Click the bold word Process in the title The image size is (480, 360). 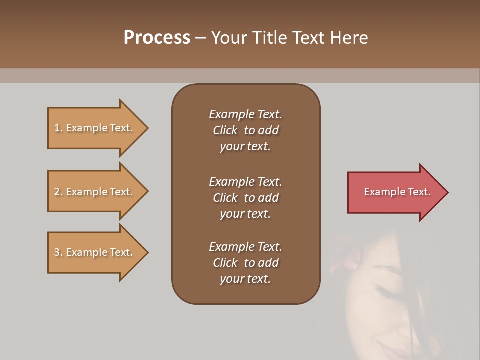pyautogui.click(x=157, y=38)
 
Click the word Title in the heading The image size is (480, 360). pyautogui.click(x=270, y=38)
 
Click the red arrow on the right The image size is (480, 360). pyautogui.click(x=395, y=192)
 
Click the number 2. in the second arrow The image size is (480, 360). pyautogui.click(x=58, y=192)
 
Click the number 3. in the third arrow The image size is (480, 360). pyautogui.click(x=58, y=252)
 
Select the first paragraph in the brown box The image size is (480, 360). pyautogui.click(x=245, y=130)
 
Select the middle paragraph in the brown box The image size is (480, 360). pyautogui.click(x=245, y=198)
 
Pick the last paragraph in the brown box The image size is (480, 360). pyautogui.click(x=245, y=263)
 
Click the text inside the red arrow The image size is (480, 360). pyautogui.click(x=397, y=192)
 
